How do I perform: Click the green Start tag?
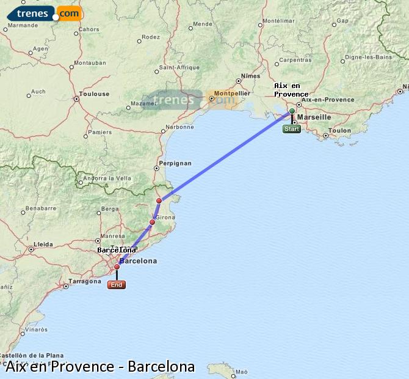tap(292, 129)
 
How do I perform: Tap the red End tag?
tap(117, 285)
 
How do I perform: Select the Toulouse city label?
tap(95, 94)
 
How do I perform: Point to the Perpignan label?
tap(175, 163)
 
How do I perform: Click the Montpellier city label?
tap(229, 93)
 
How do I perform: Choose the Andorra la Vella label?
tap(107, 178)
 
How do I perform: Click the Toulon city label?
tap(339, 130)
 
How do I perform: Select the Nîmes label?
tap(250, 76)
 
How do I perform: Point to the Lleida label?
tap(43, 244)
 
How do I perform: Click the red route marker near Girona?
tap(153, 222)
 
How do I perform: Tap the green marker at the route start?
tap(292, 111)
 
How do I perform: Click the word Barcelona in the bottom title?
tap(161, 367)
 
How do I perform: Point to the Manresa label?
tap(112, 235)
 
